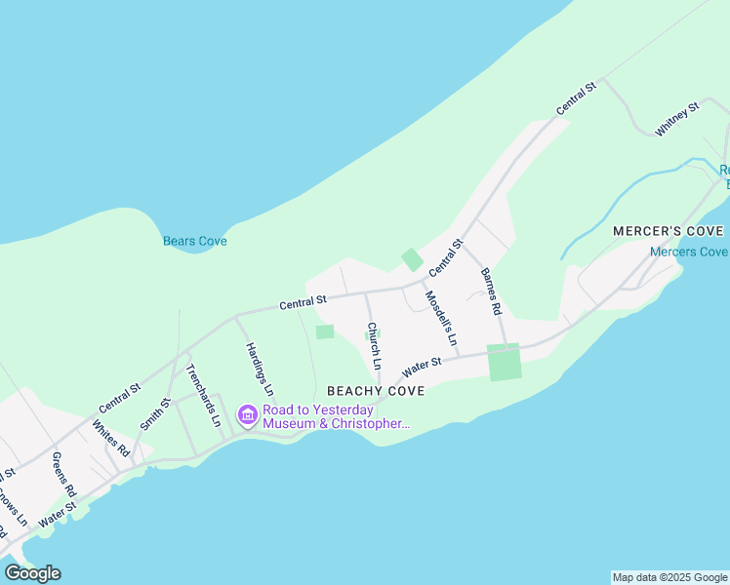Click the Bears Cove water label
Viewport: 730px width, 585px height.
[x=194, y=241]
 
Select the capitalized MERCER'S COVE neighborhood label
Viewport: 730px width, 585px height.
[x=669, y=231]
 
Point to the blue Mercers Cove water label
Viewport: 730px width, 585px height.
[x=688, y=252]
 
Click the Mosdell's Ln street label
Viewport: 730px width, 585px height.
[x=440, y=319]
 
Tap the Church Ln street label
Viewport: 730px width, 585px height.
[x=372, y=346]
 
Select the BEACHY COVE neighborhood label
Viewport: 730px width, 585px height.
[x=376, y=391]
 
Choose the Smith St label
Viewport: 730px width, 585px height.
[x=155, y=413]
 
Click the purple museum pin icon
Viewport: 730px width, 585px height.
[x=247, y=416]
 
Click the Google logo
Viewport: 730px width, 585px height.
[x=32, y=572]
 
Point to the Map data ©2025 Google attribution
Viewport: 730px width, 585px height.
[x=669, y=577]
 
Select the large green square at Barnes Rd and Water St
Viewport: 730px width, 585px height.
[x=504, y=362]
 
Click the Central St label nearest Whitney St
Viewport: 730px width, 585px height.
[x=576, y=100]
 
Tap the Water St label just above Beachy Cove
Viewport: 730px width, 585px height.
[x=423, y=368]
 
